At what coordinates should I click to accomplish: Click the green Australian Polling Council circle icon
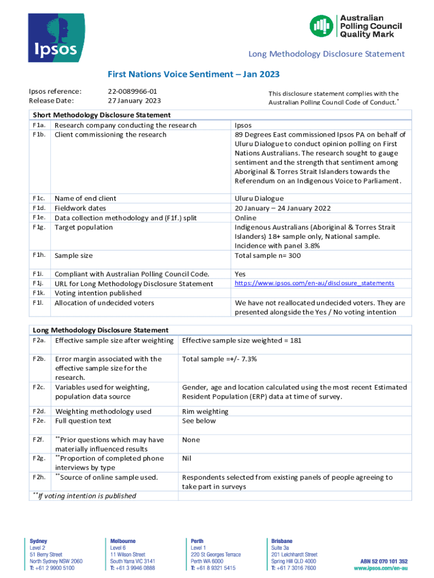[322, 27]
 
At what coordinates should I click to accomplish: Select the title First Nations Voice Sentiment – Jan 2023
[193, 74]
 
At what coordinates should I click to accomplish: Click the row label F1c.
[39, 198]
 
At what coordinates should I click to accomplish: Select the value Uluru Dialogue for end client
[259, 198]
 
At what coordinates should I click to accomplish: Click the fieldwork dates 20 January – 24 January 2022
[282, 208]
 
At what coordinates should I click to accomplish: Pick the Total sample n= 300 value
[267, 256]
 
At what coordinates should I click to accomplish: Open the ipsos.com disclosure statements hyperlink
[314, 283]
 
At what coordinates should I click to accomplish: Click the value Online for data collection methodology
[246, 217]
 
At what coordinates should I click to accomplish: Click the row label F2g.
[39, 458]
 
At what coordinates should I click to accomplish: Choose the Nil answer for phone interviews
[187, 458]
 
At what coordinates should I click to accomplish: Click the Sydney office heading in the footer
[38, 541]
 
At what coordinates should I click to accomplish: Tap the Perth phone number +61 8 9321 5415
[213, 568]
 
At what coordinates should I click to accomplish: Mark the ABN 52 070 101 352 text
[384, 562]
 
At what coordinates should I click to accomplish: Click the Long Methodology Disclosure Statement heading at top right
[326, 54]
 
